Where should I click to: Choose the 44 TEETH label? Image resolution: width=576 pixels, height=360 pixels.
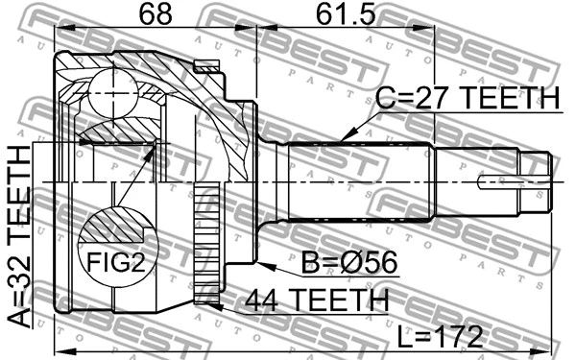(x=316, y=300)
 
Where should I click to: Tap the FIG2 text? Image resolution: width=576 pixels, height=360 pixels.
(x=115, y=259)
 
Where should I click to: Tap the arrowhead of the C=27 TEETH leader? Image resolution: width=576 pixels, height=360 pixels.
(x=342, y=142)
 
